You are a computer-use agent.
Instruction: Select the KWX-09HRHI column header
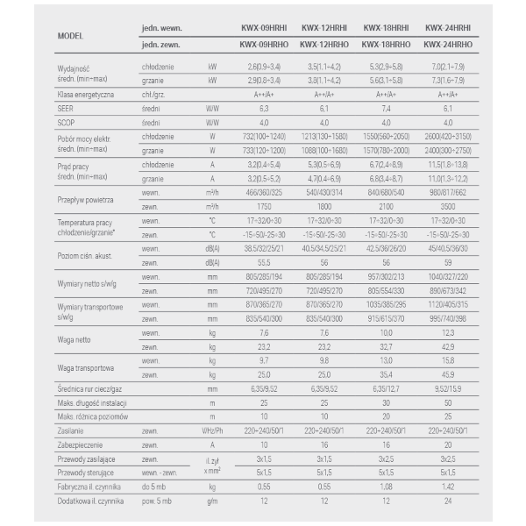tap(263, 28)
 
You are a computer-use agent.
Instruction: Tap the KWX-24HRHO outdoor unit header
tap(451, 43)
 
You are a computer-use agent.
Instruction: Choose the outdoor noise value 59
tap(450, 262)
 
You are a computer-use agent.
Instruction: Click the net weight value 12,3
tap(450, 333)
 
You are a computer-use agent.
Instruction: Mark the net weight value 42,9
tap(450, 346)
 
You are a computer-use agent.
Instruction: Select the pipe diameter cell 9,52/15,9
tap(450, 388)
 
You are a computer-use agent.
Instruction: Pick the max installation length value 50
tap(450, 402)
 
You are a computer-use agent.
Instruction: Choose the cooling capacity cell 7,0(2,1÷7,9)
tap(450, 66)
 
